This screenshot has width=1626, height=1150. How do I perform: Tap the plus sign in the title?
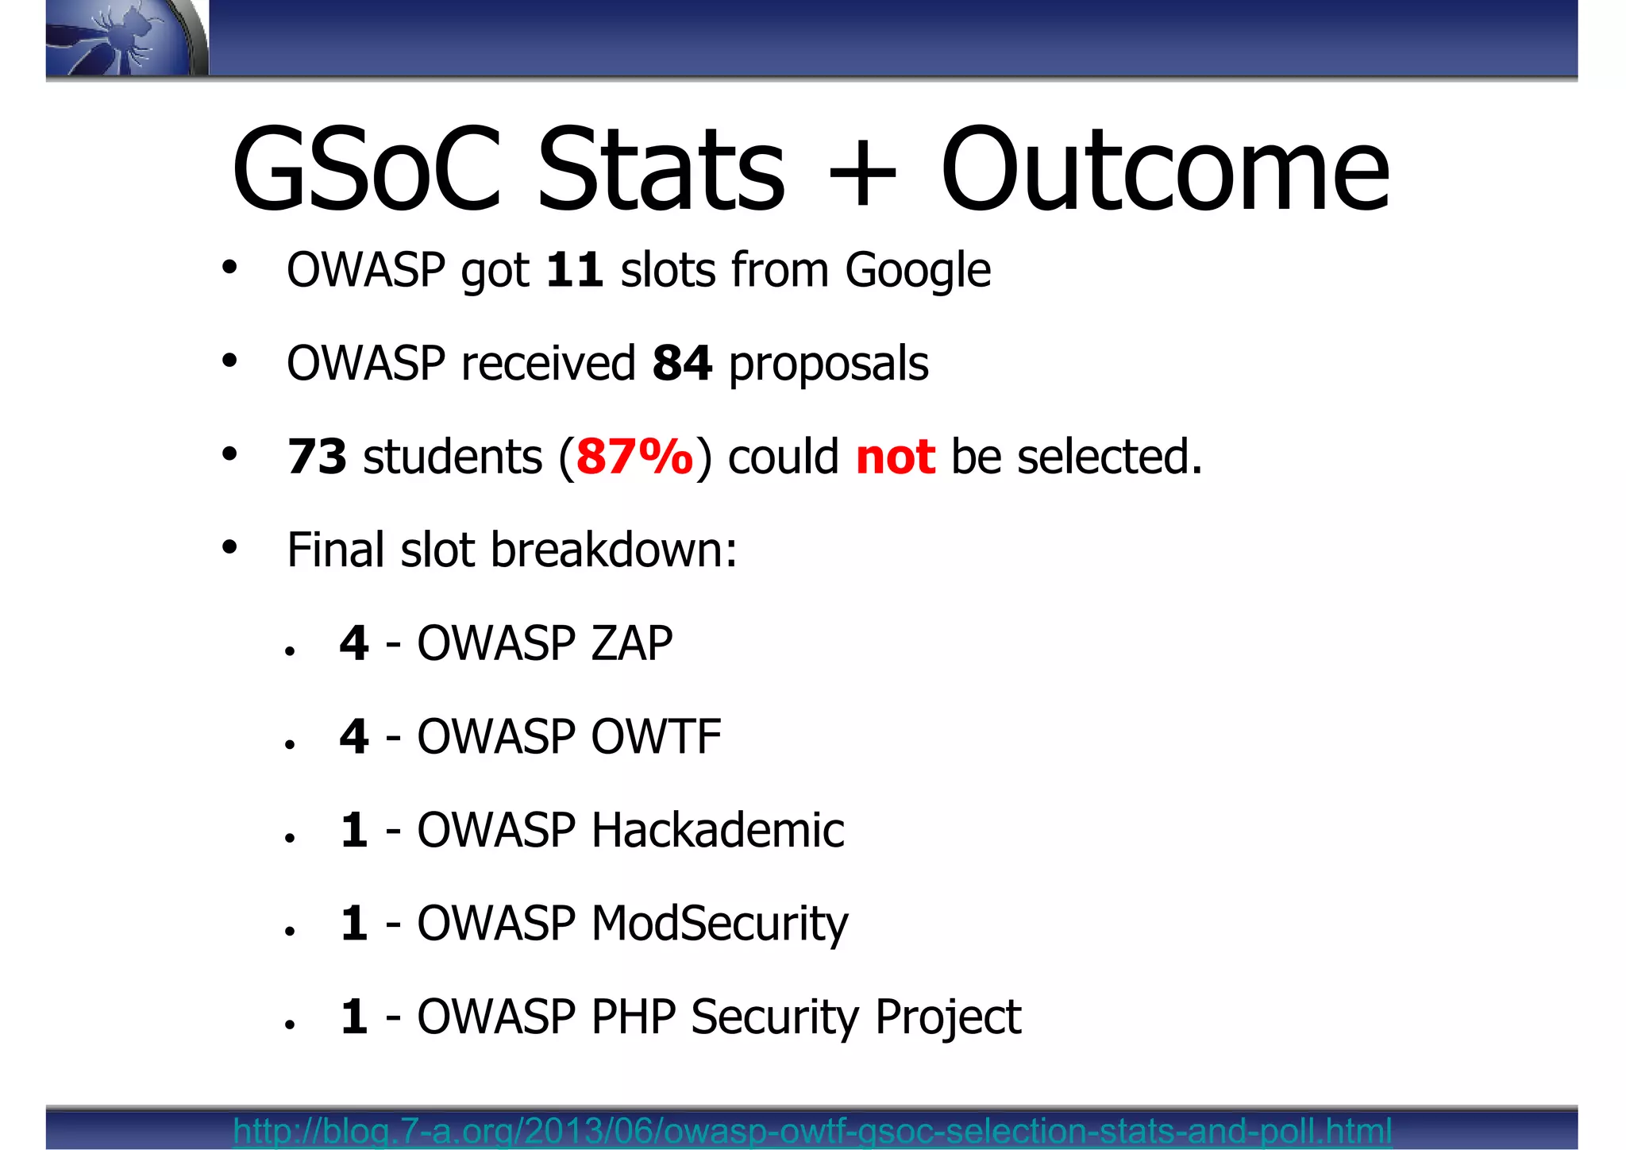pos(862,172)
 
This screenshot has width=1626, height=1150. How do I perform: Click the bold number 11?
pos(574,270)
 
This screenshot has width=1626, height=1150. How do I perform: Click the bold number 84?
pos(681,364)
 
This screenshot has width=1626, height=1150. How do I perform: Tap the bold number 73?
pos(317,457)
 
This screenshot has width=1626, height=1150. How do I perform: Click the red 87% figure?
pos(634,457)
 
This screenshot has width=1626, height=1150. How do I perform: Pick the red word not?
pos(895,457)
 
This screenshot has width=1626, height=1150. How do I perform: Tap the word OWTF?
pos(656,736)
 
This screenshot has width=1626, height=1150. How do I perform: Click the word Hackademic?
pos(717,830)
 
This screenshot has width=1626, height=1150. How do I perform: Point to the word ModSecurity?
pos(719,924)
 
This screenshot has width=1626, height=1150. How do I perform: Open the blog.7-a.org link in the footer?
pos(812,1130)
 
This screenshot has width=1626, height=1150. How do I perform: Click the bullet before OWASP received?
pos(229,361)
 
